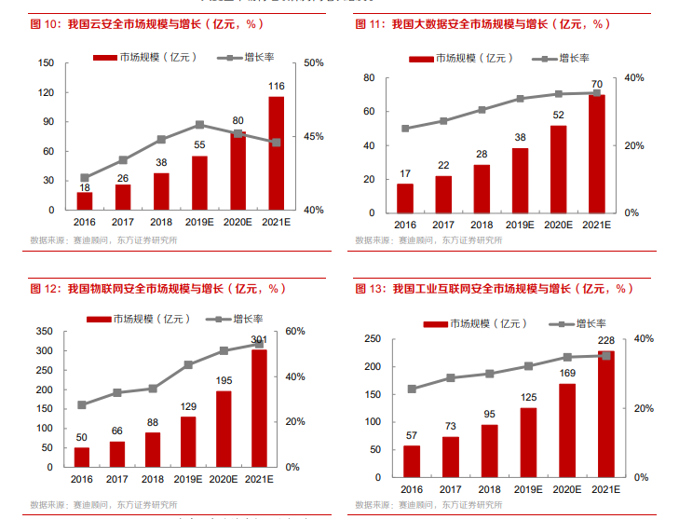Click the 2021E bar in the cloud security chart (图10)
pos(277,154)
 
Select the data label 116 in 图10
pos(277,87)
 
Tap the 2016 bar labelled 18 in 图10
pos(85,200)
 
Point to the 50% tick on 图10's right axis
pos(313,63)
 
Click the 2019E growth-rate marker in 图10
pos(199,125)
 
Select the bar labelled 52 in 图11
pos(558,170)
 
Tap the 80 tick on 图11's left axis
pos(369,77)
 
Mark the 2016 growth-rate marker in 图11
pos(405,129)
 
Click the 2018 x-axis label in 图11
pos(482,225)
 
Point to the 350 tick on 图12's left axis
pos(44,332)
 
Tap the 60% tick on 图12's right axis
pos(294,332)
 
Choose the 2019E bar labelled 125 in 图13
pos(528,443)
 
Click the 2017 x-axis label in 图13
pos(450,489)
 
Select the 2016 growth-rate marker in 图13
pos(412,389)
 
